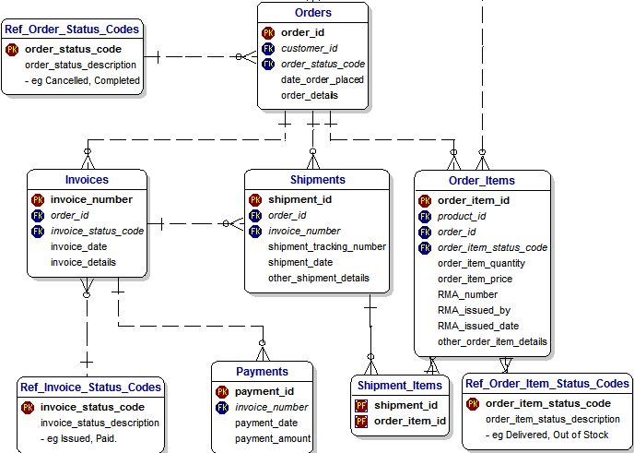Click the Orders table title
point(312,13)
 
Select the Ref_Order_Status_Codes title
point(72,30)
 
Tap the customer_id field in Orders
point(309,48)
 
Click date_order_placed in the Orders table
point(322,79)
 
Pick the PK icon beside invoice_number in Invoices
point(38,199)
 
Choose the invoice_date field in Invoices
point(78,246)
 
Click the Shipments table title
point(317,180)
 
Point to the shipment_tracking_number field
point(326,246)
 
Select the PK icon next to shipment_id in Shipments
point(255,199)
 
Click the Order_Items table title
point(481,180)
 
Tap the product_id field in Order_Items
point(461,216)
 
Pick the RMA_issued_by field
point(474,310)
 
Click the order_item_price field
point(475,279)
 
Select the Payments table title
point(262,372)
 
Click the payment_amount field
point(272,438)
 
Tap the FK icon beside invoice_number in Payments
point(222,407)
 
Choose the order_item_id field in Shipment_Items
point(410,421)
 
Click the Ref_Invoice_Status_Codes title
point(90,387)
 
